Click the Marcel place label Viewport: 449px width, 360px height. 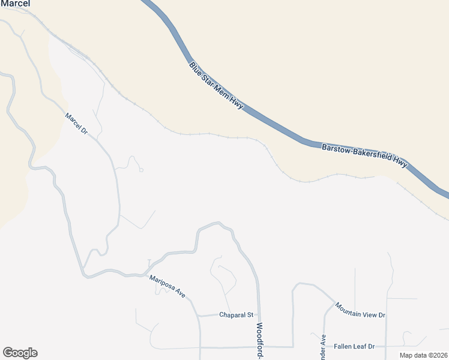15,3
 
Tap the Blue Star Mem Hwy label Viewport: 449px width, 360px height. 217,85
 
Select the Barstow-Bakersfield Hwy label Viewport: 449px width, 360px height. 365,155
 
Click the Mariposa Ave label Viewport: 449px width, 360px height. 167,287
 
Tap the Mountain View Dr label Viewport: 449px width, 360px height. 360,310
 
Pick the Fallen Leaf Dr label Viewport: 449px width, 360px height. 354,346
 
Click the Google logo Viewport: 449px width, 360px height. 20,353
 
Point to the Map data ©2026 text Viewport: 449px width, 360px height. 423,355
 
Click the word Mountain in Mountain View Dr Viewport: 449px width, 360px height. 349,306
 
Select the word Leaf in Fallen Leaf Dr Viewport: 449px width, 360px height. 360,346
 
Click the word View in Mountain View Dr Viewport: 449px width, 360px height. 369,313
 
